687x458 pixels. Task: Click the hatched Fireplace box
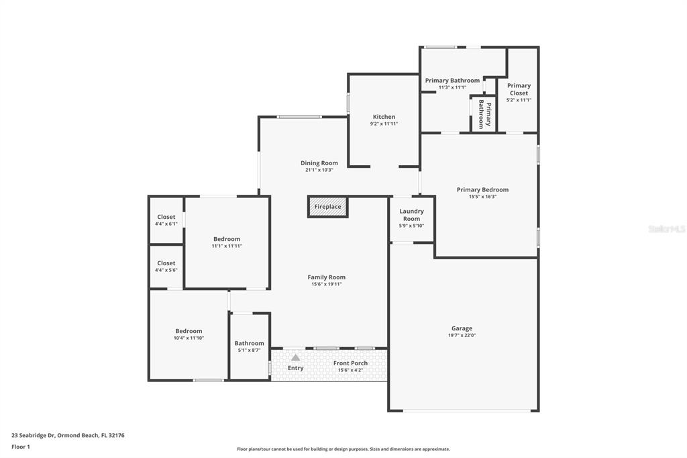(x=327, y=207)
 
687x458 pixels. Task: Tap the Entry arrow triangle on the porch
(x=296, y=357)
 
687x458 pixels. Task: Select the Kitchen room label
(x=384, y=117)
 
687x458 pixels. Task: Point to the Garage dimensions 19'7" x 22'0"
(x=462, y=336)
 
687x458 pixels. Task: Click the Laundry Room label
(x=411, y=215)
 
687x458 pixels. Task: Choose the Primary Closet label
(x=519, y=89)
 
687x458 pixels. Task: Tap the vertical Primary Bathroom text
(x=484, y=114)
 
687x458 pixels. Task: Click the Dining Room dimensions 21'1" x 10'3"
(x=319, y=170)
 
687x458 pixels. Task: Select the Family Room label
(x=327, y=277)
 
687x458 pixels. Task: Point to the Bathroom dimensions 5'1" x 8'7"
(x=249, y=351)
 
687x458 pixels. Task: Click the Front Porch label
(x=350, y=363)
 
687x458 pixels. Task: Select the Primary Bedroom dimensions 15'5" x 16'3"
(x=482, y=197)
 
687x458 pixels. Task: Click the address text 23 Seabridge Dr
(x=34, y=436)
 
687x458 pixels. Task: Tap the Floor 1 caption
(x=21, y=447)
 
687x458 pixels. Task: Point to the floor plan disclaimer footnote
(x=343, y=449)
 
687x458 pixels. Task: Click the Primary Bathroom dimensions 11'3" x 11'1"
(x=452, y=87)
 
